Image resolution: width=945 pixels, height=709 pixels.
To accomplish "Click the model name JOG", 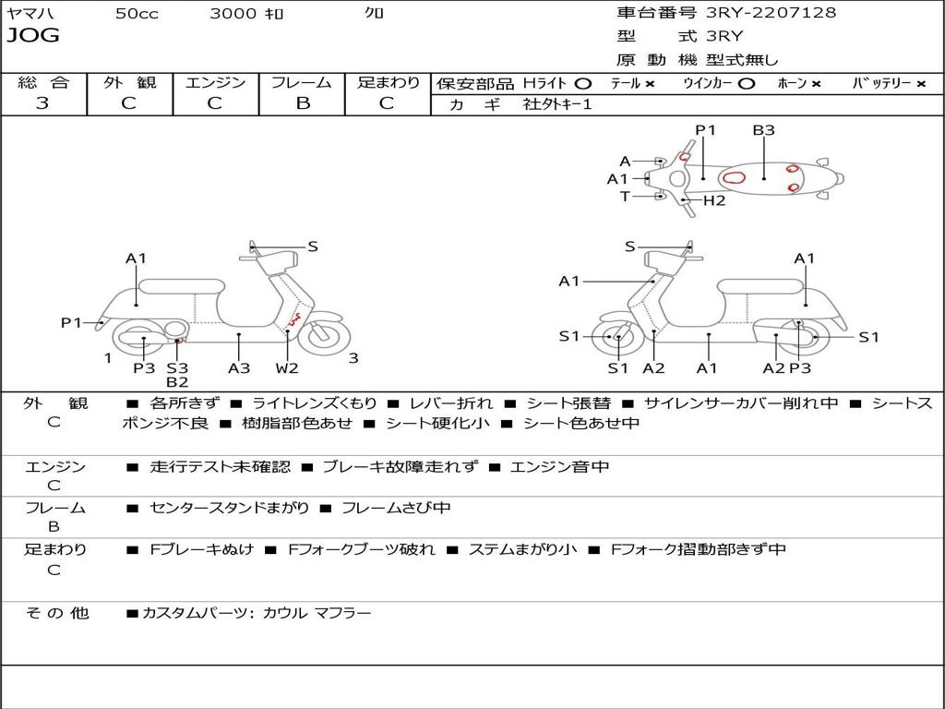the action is [33, 35].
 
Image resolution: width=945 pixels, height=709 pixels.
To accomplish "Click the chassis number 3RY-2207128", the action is [771, 12].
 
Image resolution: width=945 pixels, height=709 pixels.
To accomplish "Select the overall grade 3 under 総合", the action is [42, 103].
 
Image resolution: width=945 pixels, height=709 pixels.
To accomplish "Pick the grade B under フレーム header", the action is [303, 103].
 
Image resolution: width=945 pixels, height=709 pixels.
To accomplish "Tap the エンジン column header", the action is [215, 82].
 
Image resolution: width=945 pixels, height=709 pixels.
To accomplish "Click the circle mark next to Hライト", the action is [583, 84].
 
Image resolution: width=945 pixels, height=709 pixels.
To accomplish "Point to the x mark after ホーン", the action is [816, 84].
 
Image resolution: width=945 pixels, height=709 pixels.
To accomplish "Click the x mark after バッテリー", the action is [921, 84].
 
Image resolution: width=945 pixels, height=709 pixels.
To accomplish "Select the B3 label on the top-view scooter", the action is [763, 130].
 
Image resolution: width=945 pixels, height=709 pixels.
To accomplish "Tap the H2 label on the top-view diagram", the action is [714, 200].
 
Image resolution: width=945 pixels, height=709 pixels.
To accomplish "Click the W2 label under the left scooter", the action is [287, 367].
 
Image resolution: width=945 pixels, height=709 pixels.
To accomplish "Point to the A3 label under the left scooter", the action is [239, 367].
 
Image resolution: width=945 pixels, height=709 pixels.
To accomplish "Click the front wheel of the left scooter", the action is [324, 337].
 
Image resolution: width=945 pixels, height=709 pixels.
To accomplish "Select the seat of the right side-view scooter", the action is [761, 286].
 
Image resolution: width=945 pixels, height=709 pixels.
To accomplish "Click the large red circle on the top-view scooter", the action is [734, 178].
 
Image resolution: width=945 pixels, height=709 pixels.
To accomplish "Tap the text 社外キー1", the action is [557, 104].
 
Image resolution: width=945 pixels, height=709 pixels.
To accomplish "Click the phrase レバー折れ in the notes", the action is [450, 403].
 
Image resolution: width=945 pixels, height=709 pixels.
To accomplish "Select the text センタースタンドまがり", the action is [230, 509].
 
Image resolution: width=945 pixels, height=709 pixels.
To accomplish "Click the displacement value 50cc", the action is [137, 13].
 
